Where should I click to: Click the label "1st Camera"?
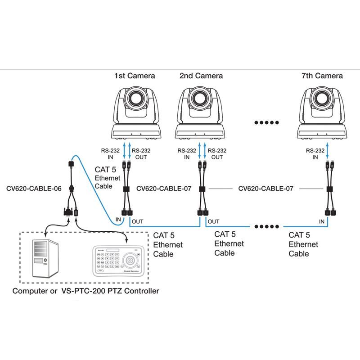point(134,76)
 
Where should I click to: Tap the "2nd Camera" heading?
point(201,76)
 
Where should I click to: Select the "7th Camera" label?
point(322,76)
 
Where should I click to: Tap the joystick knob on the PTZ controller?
point(130,261)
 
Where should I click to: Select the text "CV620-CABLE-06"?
point(34,189)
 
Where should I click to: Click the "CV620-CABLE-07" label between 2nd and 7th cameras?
point(265,189)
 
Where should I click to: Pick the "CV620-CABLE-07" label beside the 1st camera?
point(164,189)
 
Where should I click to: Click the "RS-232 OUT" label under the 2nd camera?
point(217,154)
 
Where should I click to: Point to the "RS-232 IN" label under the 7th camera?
point(315,154)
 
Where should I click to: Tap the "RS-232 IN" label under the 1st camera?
point(111,154)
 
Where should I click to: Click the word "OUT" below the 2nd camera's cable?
point(214,221)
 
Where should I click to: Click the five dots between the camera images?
point(266,122)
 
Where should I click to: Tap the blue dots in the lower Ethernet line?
point(266,226)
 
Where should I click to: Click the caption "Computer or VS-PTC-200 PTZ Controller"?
point(85,291)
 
